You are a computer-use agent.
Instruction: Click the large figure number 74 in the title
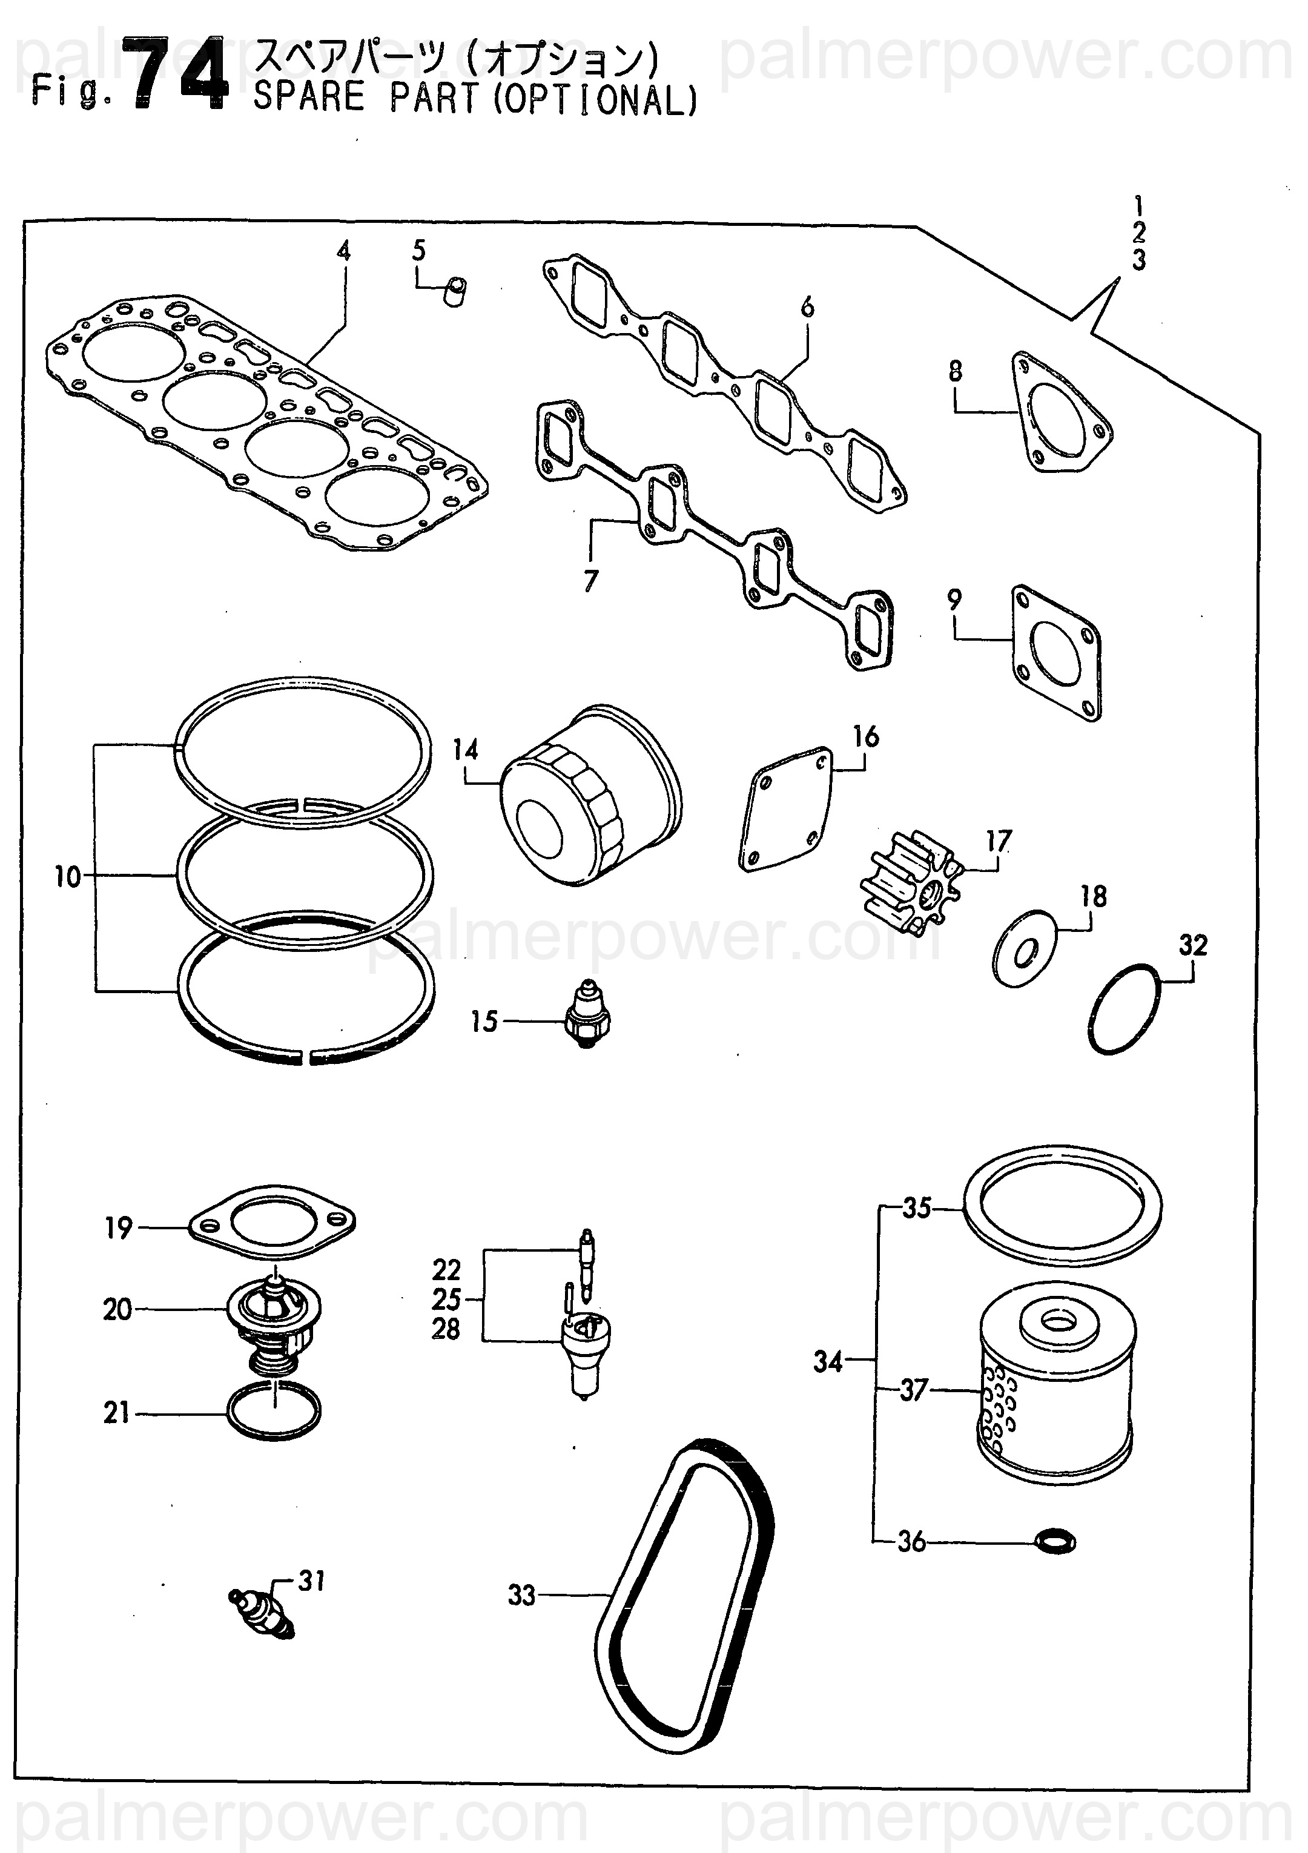(x=180, y=75)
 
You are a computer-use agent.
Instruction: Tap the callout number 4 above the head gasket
(x=345, y=251)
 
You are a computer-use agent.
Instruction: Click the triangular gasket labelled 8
(x=1062, y=412)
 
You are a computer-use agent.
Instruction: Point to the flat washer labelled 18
(x=1023, y=949)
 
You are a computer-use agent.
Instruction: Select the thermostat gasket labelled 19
(x=272, y=1227)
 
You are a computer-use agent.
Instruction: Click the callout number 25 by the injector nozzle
(x=446, y=1300)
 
